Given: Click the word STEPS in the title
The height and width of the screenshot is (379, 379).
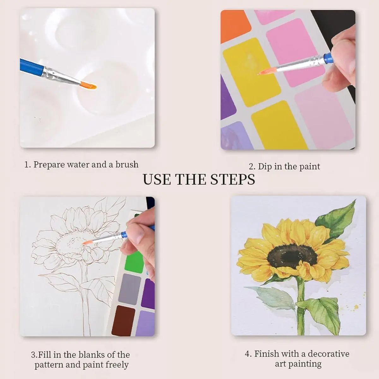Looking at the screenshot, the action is coord(233,179).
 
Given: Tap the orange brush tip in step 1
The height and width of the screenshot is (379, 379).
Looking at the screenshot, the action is coord(88,85).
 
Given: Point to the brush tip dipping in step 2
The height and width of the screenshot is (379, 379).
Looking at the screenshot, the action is coord(267,71).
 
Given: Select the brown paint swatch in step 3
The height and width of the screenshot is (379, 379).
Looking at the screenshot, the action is coord(123,321).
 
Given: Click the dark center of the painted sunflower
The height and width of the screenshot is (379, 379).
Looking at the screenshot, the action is coord(292,256).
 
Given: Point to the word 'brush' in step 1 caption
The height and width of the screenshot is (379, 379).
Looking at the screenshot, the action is coord(127,165).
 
